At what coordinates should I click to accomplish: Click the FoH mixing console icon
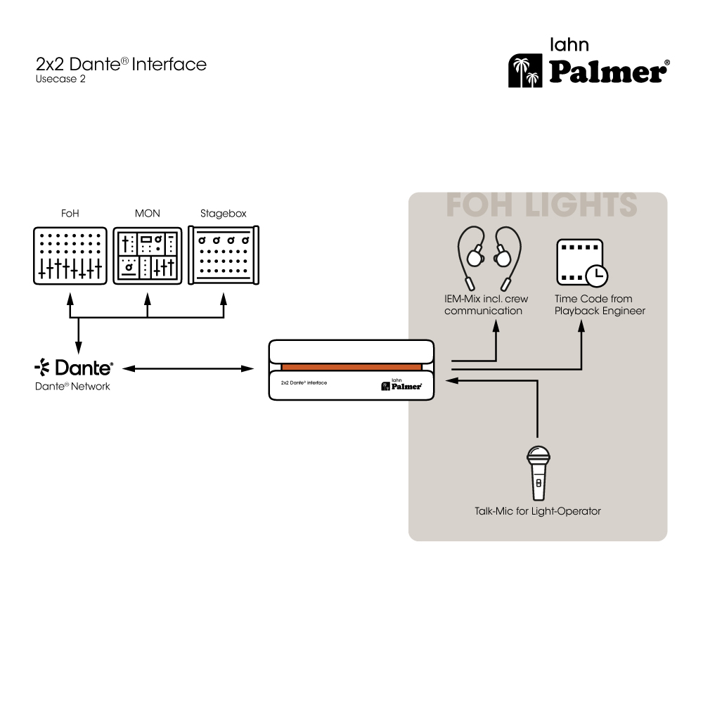[70, 256]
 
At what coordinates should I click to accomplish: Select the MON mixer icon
[148, 256]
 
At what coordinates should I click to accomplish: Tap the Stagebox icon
[224, 254]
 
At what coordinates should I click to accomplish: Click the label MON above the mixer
[148, 214]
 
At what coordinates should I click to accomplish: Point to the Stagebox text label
[224, 214]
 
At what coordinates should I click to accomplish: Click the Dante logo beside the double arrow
[74, 367]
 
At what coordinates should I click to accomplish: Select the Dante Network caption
[72, 387]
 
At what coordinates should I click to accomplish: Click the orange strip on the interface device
[351, 367]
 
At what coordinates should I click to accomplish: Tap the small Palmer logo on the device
[401, 385]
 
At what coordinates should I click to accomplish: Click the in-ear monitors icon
[489, 259]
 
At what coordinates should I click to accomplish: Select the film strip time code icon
[582, 263]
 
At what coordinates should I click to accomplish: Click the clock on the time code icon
[597, 276]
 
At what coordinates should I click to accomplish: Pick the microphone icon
[538, 473]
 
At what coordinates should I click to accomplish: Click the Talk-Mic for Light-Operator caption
[538, 512]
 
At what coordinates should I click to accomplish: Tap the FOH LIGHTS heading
[541, 205]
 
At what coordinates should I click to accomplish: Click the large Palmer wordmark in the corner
[610, 72]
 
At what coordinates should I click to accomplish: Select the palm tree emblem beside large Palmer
[525, 71]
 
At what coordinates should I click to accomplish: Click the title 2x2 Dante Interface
[121, 64]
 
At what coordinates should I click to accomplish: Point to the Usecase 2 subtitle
[60, 79]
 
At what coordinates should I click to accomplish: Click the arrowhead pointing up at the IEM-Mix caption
[496, 325]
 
